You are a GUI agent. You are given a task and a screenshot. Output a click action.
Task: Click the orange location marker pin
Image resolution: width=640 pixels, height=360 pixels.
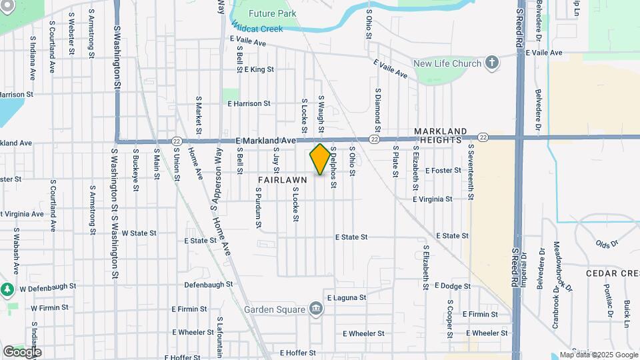[320, 159]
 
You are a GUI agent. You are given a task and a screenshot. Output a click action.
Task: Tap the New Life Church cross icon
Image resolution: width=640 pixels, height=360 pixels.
[492, 63]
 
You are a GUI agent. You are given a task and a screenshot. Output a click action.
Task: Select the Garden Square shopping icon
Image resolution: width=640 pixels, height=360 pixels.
[316, 309]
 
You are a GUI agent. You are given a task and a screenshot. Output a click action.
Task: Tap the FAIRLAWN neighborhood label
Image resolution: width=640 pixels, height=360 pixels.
[282, 180]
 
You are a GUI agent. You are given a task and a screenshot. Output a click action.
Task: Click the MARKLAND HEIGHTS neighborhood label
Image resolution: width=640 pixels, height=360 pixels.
[438, 135]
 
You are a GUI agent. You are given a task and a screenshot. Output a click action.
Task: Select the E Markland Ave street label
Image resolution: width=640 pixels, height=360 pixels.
[265, 141]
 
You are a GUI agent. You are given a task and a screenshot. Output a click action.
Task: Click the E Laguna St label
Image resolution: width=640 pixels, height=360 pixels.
[347, 297]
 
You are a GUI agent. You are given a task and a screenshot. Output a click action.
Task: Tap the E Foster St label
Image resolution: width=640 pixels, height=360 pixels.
[443, 171]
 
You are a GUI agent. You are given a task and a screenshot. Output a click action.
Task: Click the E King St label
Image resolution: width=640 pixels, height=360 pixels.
[259, 69]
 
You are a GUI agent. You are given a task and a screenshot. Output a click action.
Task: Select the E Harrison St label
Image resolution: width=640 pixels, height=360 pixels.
[249, 103]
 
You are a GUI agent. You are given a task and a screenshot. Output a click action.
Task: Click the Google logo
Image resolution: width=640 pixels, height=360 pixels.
[22, 351]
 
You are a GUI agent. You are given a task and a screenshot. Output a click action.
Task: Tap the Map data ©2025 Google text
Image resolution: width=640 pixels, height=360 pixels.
[598, 355]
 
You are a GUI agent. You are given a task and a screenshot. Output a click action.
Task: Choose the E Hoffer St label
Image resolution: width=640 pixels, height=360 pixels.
[299, 353]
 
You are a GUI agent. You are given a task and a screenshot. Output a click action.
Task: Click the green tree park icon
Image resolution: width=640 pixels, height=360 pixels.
[7, 290]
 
